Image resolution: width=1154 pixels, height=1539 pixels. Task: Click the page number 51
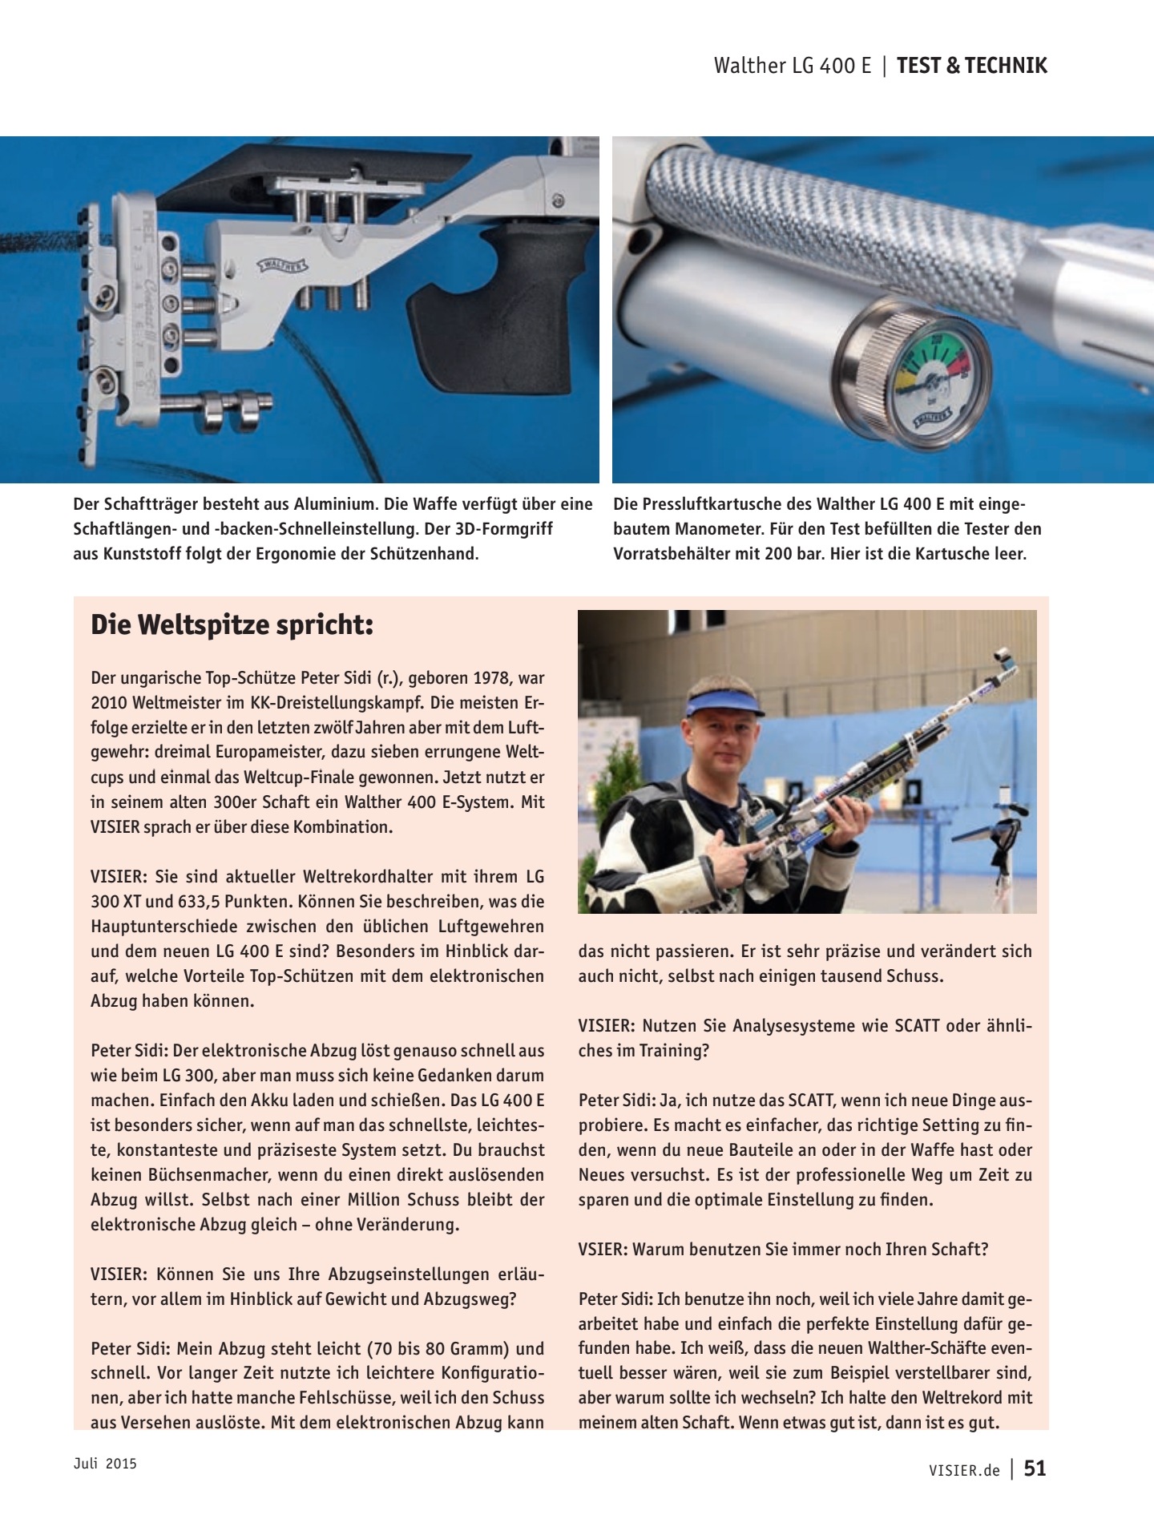point(1035,1468)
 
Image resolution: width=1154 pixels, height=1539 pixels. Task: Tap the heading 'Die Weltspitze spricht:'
point(232,625)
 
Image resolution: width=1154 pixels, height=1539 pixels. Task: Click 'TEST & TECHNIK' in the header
point(971,66)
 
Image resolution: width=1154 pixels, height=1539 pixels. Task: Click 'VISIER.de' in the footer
point(964,1470)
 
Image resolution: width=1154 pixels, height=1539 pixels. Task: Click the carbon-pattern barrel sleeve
point(801,200)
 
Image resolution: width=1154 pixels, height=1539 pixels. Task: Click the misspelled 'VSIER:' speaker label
point(602,1249)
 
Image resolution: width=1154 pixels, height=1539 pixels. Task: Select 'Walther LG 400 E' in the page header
point(792,66)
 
